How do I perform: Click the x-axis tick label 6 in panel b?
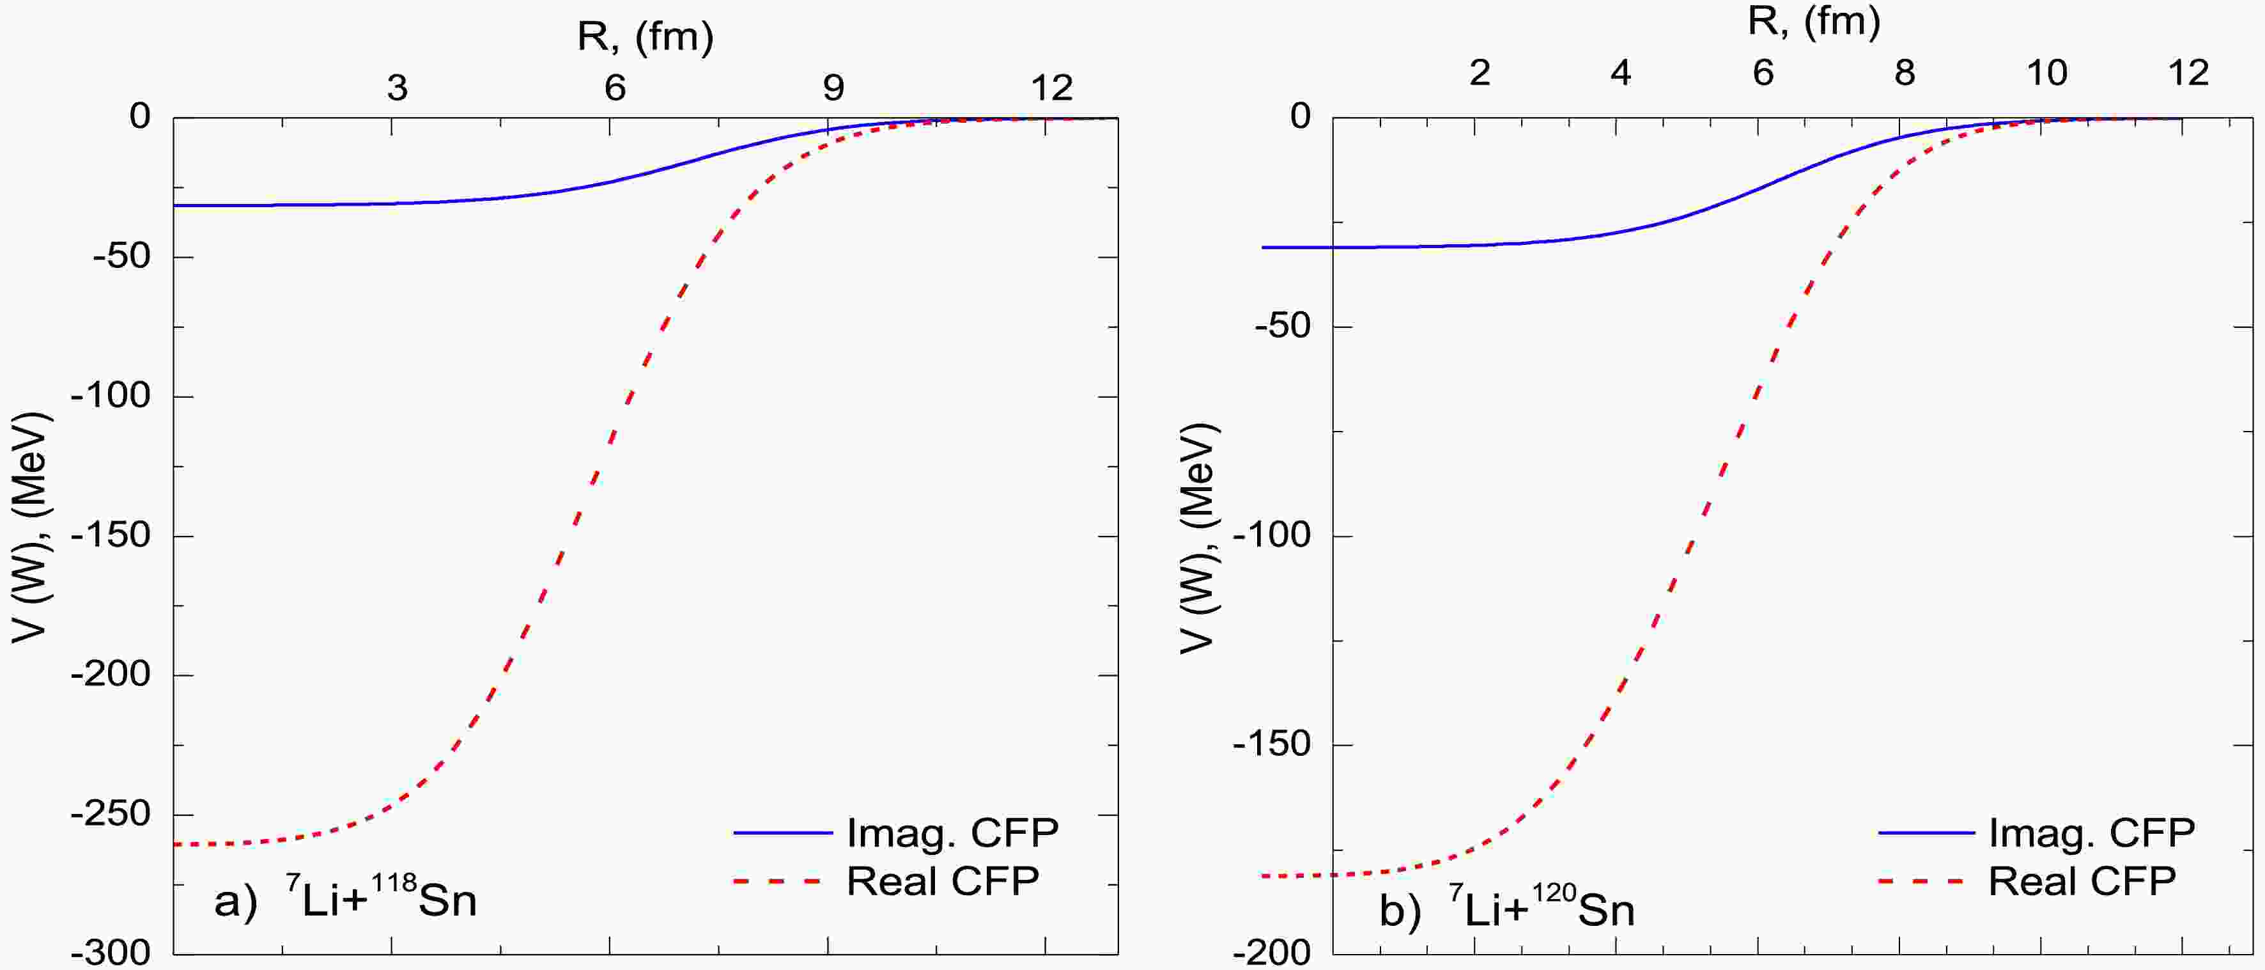1762,73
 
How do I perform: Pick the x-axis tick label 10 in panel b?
2046,73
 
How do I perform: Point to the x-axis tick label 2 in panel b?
1479,73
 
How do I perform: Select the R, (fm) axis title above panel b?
1814,22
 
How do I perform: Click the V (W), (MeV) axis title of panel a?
33,528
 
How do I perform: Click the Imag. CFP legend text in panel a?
952,833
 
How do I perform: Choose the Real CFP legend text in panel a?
943,881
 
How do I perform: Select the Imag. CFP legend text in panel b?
2092,832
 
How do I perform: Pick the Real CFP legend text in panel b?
2082,881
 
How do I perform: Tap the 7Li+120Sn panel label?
1506,909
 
